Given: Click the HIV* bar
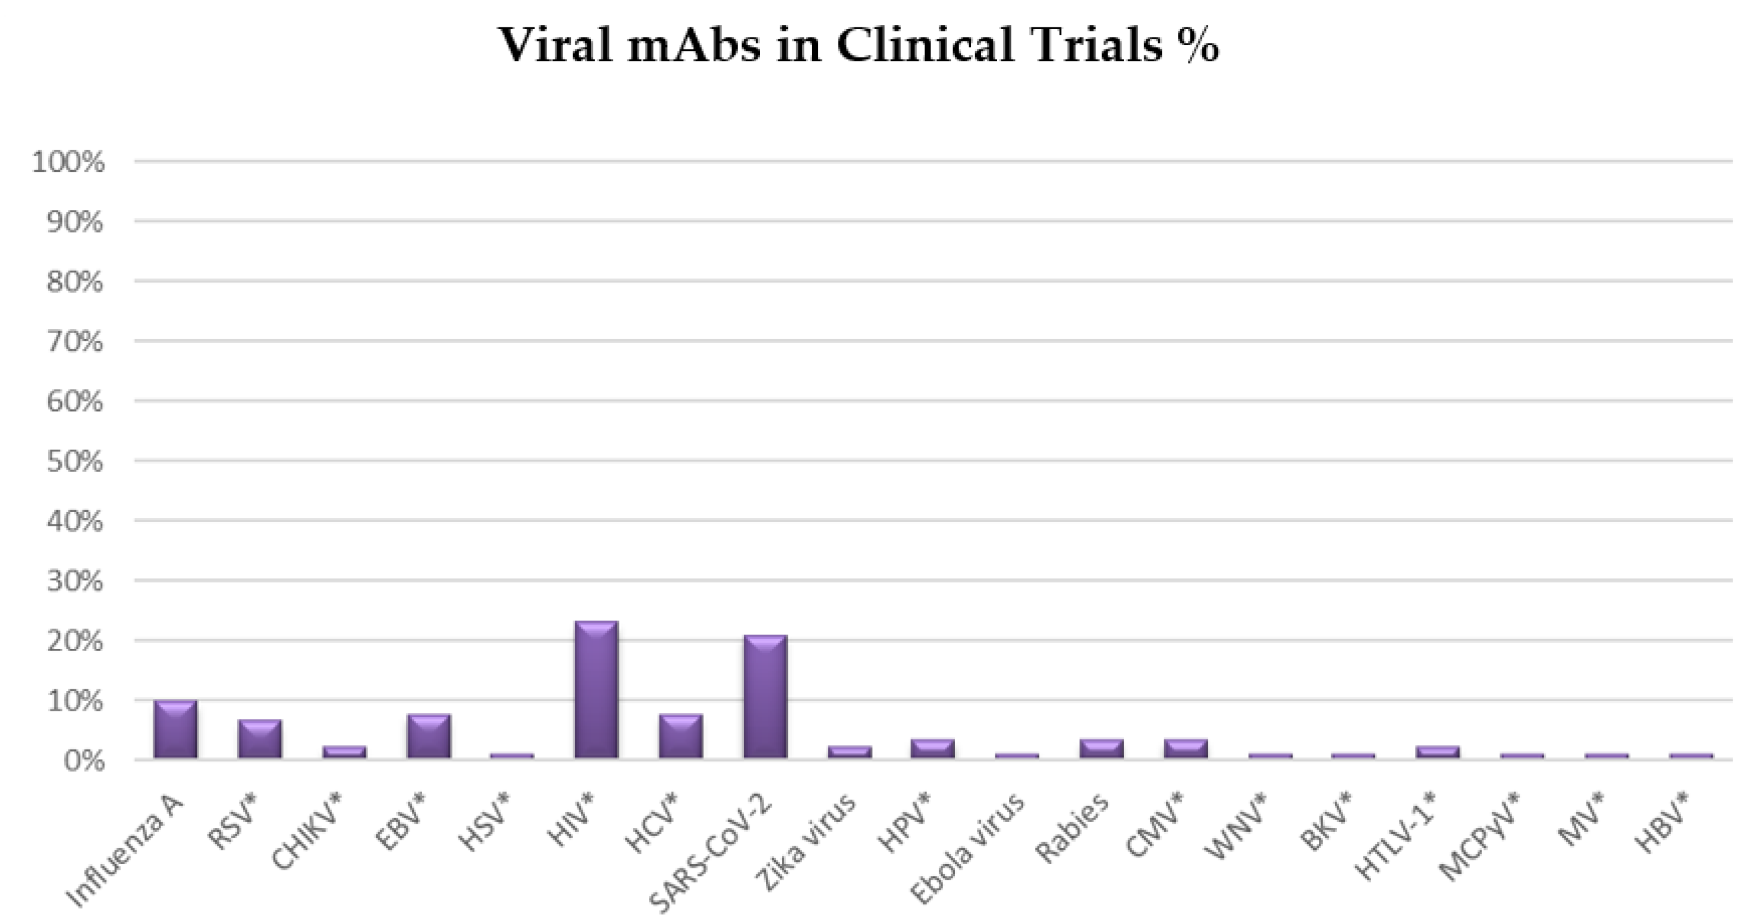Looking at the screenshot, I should pyautogui.click(x=596, y=689).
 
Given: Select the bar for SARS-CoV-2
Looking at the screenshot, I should pyautogui.click(x=765, y=696).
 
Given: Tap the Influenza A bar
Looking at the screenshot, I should pyautogui.click(x=175, y=729).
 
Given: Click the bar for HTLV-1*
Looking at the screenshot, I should pyautogui.click(x=1438, y=751).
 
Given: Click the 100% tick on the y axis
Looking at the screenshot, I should pyautogui.click(x=68, y=162).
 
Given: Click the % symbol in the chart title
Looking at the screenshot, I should pyautogui.click(x=1195, y=46).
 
